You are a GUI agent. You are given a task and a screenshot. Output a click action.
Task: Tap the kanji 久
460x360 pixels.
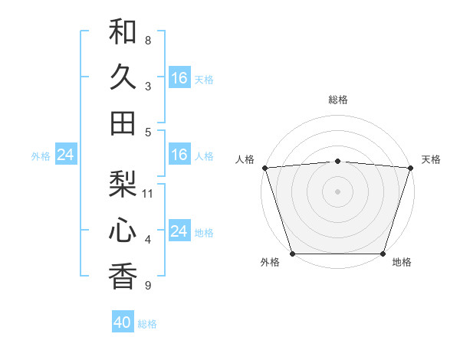[123, 77]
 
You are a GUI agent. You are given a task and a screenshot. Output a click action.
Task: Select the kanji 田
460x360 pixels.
[123, 123]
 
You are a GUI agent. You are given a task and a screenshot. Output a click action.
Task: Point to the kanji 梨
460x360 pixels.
[123, 185]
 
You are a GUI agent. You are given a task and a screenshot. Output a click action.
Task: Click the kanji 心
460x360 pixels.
[123, 231]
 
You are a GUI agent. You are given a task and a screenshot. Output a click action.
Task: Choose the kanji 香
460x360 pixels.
[123, 277]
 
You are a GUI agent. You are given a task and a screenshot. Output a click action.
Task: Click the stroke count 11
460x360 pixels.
[148, 194]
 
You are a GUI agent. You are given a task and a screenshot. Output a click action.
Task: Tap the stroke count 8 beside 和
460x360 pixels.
[148, 40]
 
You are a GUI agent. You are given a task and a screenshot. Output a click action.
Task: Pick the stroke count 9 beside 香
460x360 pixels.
[148, 286]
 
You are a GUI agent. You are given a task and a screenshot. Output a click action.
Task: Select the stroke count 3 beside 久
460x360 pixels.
[148, 86]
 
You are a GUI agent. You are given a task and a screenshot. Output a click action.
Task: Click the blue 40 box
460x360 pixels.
[123, 322]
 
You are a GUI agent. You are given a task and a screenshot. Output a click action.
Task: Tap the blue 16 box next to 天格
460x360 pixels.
[179, 77]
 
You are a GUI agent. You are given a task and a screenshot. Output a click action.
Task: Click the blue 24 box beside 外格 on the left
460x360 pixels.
[65, 155]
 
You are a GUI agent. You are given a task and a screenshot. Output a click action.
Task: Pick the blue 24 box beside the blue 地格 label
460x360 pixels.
[179, 231]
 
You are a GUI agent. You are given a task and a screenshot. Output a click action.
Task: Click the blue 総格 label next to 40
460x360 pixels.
[147, 324]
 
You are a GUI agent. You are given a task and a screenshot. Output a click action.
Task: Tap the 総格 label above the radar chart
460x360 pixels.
[338, 100]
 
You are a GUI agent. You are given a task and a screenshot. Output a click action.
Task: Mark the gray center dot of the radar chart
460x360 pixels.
[338, 191]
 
